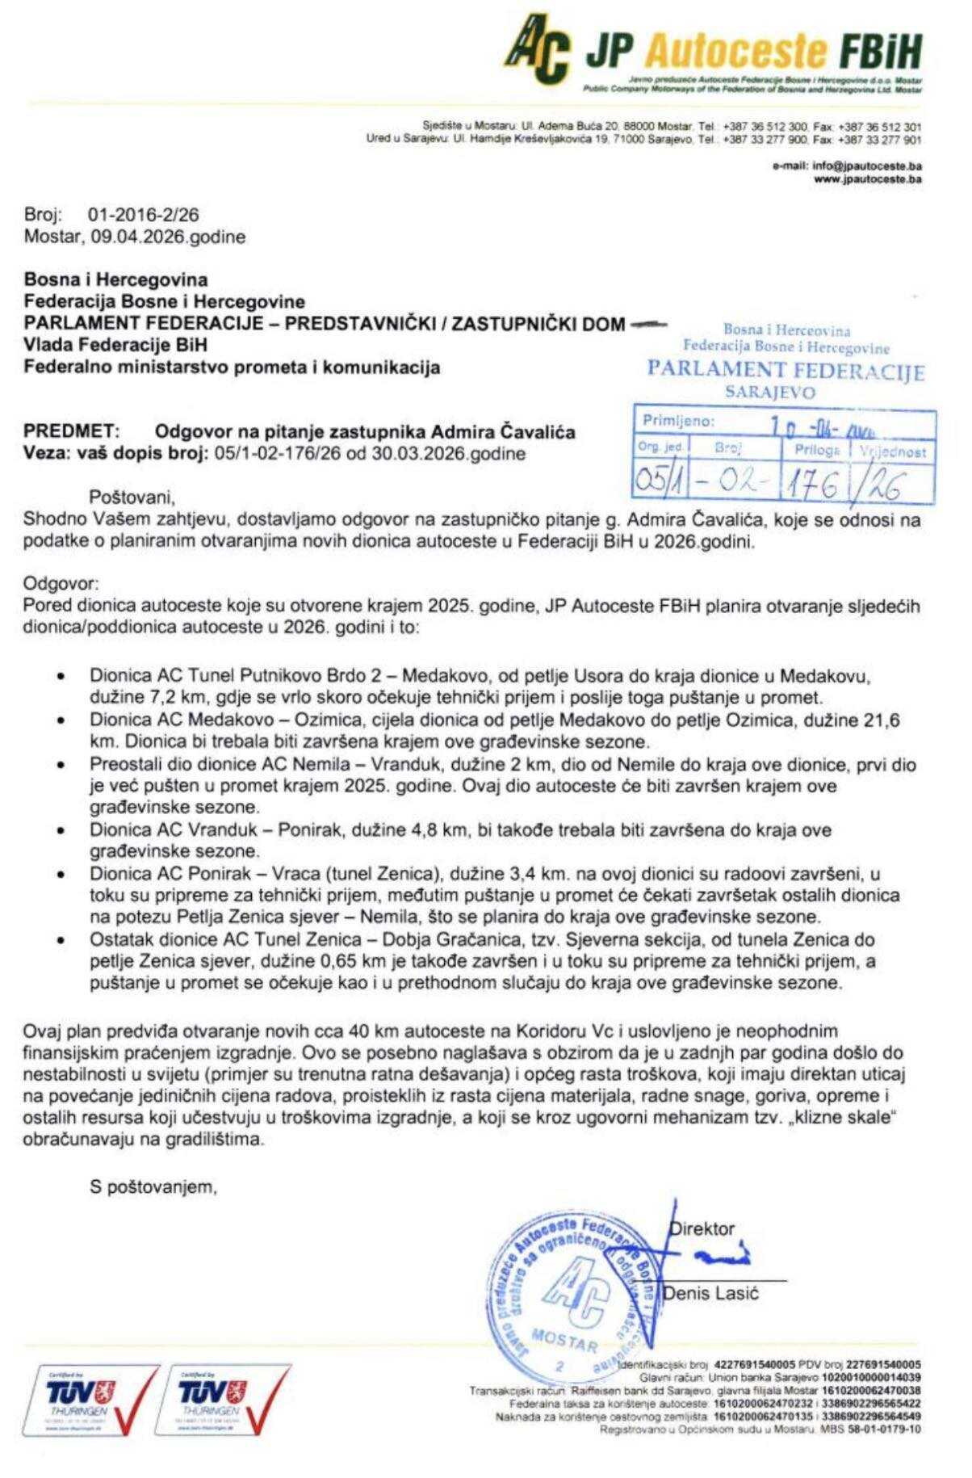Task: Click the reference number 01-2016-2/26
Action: pos(142,216)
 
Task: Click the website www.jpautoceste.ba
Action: pos(868,179)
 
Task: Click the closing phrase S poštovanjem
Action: pos(153,1186)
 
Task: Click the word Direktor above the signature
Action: pos(702,1229)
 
